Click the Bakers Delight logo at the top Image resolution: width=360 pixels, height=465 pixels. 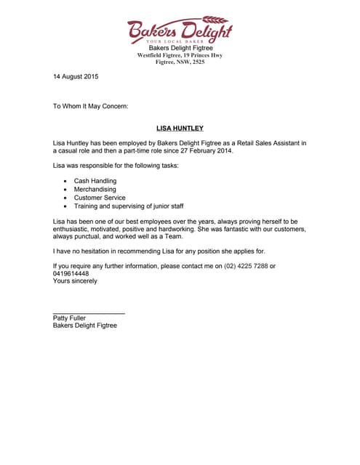point(180,29)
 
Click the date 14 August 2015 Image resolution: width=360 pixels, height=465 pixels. point(76,76)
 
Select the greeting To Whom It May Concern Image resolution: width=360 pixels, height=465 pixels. point(90,106)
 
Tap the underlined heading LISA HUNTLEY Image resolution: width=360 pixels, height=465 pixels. point(180,129)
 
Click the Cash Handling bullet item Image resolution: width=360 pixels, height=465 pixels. point(95,181)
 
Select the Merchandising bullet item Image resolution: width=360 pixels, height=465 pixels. point(95,189)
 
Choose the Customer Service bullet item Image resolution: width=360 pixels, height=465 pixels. point(100,198)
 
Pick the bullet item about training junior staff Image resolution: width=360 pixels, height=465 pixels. point(129,206)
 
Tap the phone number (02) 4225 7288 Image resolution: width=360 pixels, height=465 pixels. point(246,266)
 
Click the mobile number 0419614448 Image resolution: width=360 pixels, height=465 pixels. point(71,274)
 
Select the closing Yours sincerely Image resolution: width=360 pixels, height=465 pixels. point(75,281)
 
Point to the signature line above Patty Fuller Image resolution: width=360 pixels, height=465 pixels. point(89,313)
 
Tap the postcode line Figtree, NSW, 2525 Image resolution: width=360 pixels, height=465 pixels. point(180,62)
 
